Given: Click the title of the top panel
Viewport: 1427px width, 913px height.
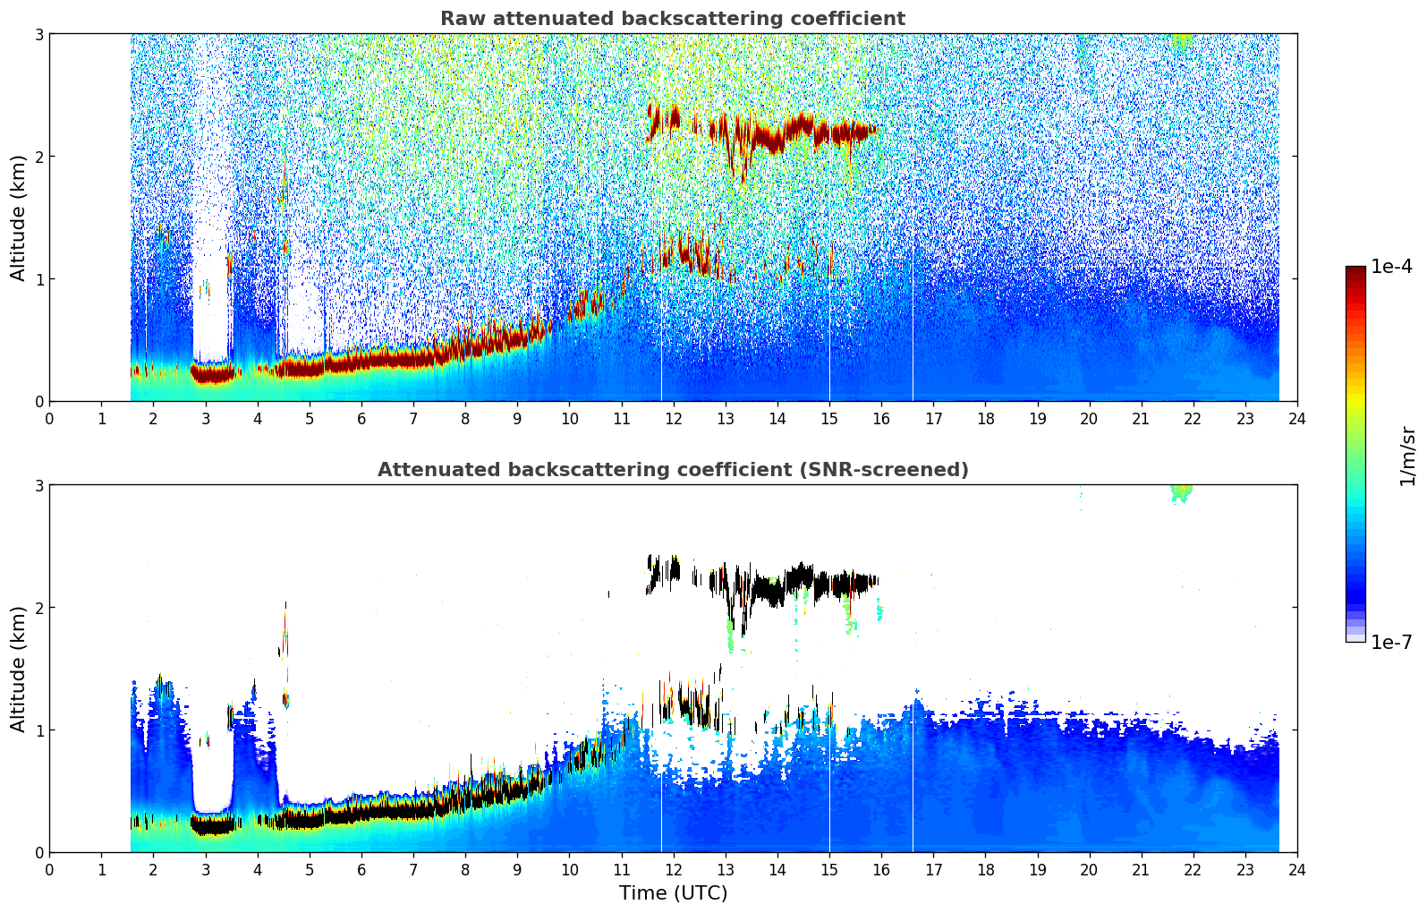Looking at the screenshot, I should click(x=673, y=19).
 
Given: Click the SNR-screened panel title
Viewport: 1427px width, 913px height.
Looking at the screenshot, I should click(x=673, y=470).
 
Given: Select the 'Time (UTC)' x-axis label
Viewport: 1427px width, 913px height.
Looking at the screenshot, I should click(x=673, y=893).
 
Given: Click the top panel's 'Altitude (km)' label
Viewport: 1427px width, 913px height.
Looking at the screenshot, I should click(x=19, y=218).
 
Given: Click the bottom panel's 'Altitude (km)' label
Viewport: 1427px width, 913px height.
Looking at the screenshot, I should click(x=19, y=669).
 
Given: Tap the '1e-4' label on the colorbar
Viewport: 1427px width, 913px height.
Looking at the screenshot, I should click(x=1391, y=267).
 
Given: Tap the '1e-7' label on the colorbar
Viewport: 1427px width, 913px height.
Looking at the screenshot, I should click(x=1391, y=642).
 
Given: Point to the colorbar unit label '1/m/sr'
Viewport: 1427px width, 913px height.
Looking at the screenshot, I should click(x=1407, y=456).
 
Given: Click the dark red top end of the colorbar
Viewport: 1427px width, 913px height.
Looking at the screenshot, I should click(x=1355, y=271).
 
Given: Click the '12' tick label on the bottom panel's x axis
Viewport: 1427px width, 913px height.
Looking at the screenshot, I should click(x=673, y=870).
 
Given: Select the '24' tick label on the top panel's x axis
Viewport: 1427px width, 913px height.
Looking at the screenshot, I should click(x=1297, y=419).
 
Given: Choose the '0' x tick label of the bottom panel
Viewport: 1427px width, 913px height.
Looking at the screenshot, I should click(x=49, y=870).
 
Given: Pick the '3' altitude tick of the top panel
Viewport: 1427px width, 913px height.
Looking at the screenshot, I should click(x=39, y=34).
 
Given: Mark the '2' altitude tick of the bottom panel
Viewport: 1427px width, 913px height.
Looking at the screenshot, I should click(x=39, y=608).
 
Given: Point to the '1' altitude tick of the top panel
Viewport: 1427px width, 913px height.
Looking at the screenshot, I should click(x=39, y=279).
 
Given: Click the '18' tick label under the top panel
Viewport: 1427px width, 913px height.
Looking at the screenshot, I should click(x=985, y=419).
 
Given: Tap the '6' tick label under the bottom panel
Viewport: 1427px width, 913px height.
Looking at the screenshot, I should click(x=361, y=870).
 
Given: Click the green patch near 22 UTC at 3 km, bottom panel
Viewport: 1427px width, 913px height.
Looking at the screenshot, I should click(x=1181, y=491).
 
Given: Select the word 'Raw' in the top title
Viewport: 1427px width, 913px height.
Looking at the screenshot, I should click(x=462, y=19).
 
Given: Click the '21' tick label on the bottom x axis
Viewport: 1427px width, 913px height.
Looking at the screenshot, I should click(x=1141, y=870).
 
